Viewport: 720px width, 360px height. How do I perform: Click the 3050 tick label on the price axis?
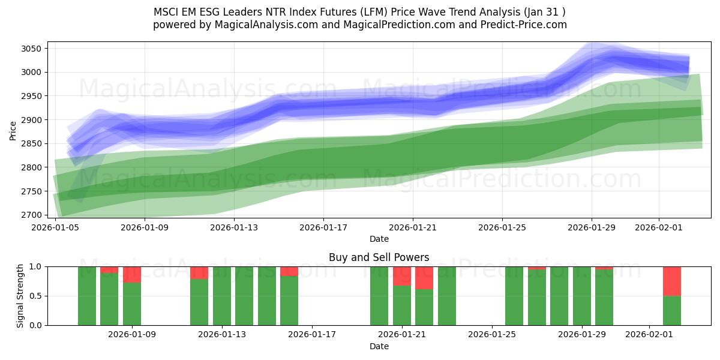click(31, 49)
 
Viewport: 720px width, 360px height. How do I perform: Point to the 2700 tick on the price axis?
click(31, 215)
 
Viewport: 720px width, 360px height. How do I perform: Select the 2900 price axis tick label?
click(31, 120)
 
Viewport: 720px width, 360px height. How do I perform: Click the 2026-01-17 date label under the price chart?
click(323, 228)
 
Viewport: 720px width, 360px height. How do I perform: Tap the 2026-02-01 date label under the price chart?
click(659, 228)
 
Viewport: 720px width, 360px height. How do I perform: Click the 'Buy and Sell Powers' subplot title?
click(379, 257)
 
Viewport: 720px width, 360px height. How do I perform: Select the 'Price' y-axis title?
click(13, 130)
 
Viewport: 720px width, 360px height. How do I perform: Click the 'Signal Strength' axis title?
click(20, 296)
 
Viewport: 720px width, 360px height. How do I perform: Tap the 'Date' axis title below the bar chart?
click(379, 346)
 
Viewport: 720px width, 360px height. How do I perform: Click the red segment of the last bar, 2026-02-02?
click(672, 281)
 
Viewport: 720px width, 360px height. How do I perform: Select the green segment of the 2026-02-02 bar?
click(672, 310)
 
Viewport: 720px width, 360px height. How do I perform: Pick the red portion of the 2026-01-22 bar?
click(424, 278)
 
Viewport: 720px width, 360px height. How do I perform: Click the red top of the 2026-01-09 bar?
click(132, 274)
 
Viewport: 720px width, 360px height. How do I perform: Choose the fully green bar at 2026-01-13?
click(222, 296)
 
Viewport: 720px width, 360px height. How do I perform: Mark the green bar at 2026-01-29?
click(582, 296)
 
